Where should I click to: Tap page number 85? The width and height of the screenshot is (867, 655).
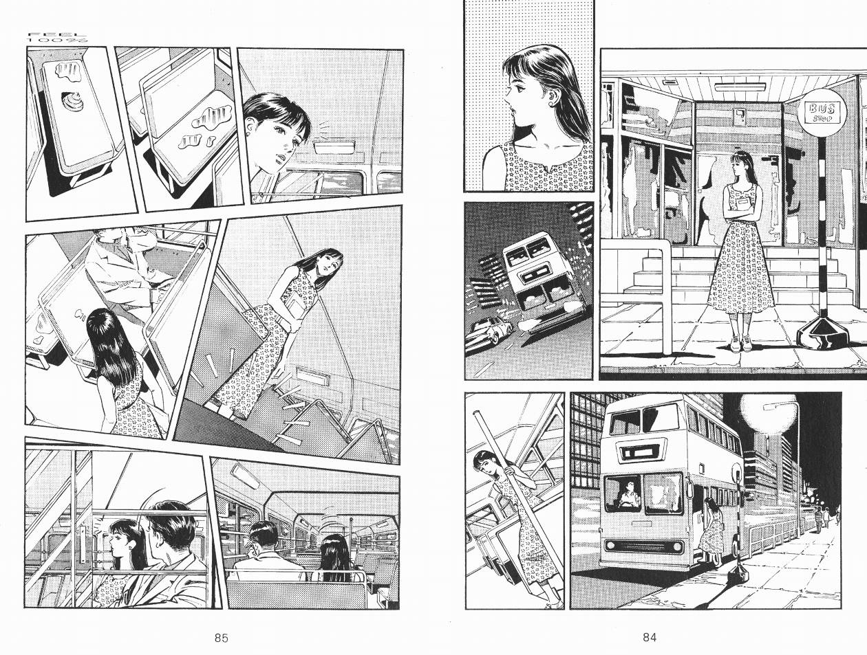coord(222,637)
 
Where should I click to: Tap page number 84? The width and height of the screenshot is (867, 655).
coord(650,637)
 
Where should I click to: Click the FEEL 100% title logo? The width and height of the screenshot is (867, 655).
coord(57,38)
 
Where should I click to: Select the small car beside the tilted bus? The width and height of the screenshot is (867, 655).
coord(489,331)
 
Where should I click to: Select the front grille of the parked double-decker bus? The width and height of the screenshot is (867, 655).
coord(645,546)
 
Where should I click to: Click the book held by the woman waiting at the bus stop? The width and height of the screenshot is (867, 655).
coord(744,205)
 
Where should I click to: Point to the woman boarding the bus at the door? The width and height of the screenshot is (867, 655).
coord(710,531)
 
